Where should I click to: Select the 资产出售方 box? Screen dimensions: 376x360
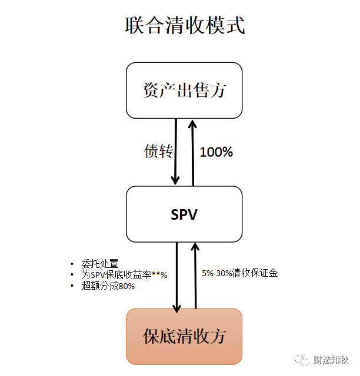184,90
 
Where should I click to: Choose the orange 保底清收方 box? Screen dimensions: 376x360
184,336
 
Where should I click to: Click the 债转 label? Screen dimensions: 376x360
158,151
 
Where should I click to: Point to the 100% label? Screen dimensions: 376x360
216,152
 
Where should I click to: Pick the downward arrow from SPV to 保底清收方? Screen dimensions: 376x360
176,276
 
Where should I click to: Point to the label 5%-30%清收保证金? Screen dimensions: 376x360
239,273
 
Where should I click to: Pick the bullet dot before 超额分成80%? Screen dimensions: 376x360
72,286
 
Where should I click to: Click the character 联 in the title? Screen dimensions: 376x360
136,26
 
